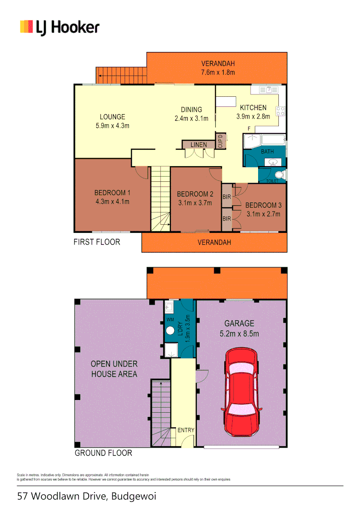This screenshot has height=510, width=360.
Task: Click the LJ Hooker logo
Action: coord(59,27)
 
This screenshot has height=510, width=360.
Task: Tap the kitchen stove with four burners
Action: coord(280,111)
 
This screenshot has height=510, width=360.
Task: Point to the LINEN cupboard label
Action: coord(199,144)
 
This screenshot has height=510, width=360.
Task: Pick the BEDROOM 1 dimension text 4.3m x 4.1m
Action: coord(112,201)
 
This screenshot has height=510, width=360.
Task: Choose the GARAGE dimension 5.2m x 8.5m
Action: coord(239,333)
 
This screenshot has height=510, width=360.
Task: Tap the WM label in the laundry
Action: coord(170,320)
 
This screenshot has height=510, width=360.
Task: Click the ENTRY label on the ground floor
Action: coord(186,430)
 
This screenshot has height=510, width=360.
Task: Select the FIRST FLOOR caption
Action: coord(97,242)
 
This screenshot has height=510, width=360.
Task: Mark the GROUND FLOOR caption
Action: coord(103,453)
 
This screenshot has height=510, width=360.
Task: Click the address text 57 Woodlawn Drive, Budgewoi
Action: coord(86,496)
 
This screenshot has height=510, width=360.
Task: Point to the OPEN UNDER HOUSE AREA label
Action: coord(114,369)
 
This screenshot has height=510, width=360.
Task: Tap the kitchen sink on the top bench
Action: coord(268,89)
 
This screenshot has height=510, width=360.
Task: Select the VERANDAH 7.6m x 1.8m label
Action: coord(218,68)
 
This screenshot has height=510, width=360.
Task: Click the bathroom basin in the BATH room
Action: coord(272,162)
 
